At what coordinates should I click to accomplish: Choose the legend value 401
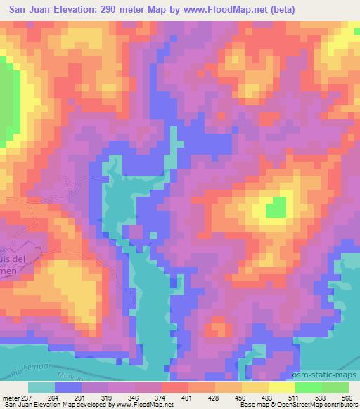[188, 397]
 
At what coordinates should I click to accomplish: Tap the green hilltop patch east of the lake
[276, 207]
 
